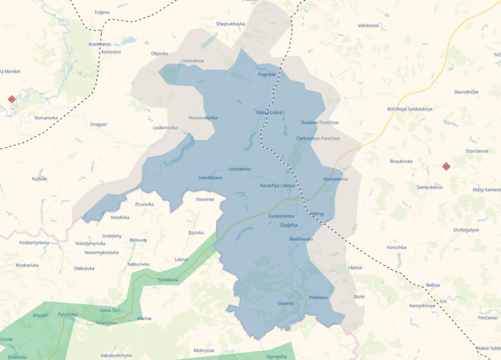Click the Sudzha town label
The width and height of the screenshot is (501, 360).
[288, 225]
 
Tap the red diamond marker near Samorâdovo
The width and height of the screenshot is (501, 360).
[446, 166]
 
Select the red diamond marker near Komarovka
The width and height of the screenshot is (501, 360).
[12, 99]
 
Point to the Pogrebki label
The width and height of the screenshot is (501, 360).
[267, 75]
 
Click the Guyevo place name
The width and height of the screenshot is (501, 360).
[285, 303]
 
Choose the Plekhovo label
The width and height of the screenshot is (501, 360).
[318, 297]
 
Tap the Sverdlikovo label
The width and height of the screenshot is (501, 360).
[210, 178]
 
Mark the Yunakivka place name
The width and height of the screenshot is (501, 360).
[168, 280]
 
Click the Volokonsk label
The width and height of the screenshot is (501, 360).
[368, 25]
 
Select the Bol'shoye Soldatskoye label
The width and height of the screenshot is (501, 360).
[409, 109]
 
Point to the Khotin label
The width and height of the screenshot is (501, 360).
[41, 316]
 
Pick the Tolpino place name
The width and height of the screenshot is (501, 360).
[102, 13]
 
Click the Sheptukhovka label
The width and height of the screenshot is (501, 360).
[230, 24]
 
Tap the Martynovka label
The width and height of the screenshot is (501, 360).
[336, 179]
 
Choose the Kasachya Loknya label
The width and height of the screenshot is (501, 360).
[278, 186]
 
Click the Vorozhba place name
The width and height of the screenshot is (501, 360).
[396, 247]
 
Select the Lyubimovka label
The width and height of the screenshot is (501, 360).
[165, 128]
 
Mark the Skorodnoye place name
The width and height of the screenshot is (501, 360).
[466, 92]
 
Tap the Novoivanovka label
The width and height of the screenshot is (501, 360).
[203, 118]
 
